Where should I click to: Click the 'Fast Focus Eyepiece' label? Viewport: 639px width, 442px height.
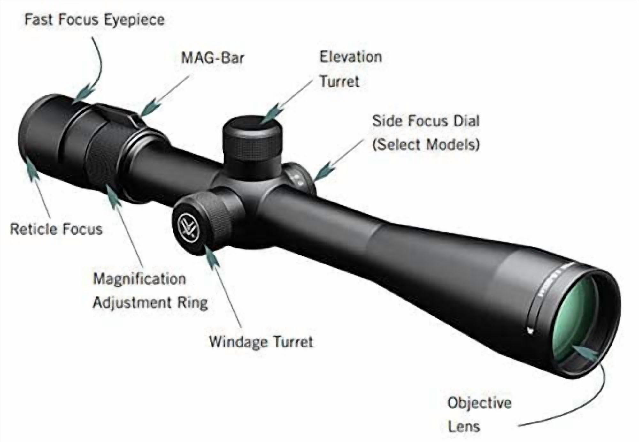click(x=95, y=20)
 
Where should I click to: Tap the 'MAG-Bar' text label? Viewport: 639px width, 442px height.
click(x=213, y=58)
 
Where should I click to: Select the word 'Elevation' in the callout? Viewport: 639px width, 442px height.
click(x=351, y=57)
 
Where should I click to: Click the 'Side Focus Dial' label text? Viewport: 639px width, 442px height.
click(x=426, y=121)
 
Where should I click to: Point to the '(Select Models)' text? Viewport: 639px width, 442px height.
click(x=426, y=145)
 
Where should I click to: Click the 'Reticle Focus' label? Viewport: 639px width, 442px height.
click(x=56, y=229)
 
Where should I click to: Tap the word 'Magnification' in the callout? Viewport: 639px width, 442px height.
click(x=139, y=279)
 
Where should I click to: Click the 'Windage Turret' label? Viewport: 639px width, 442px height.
click(x=261, y=342)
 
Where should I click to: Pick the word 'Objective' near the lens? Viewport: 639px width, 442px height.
click(x=479, y=403)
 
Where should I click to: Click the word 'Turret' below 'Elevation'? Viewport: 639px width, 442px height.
click(x=340, y=81)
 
